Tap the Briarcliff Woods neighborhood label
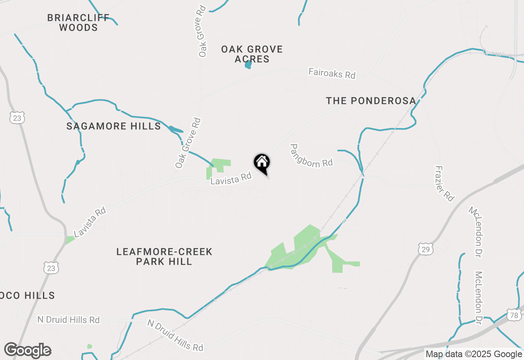pos(78,23)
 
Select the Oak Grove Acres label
pos(252,54)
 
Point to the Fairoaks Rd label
pos(332,74)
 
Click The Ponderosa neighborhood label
pos(371,101)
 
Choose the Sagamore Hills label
pos(114,126)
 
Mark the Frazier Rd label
pos(445,183)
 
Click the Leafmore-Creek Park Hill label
pos(164,256)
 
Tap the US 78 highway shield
pos(514,315)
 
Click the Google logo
pos(27,351)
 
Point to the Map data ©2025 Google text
pos(473,354)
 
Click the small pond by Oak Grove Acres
pos(248,65)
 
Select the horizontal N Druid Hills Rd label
pos(68,319)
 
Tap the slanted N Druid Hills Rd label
pos(175,335)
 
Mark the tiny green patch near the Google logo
pos(90,346)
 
